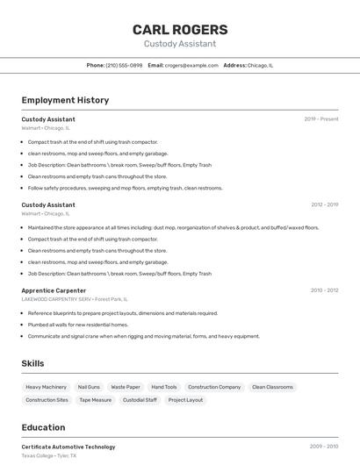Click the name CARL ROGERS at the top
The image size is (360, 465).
[x=180, y=29]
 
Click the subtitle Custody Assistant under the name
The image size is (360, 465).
[x=180, y=44]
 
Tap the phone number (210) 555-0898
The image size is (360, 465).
[x=124, y=65]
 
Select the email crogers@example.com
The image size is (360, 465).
[x=191, y=65]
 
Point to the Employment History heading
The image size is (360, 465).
[x=65, y=100]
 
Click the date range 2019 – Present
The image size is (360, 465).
[x=321, y=118]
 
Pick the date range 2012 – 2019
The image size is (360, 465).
[x=324, y=204]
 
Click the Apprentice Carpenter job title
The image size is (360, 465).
[x=54, y=290]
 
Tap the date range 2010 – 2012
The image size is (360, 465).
[x=324, y=290]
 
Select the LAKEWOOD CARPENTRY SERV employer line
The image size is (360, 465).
[x=75, y=299]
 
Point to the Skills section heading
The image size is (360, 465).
[x=32, y=363]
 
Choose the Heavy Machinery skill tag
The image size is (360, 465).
[x=46, y=387]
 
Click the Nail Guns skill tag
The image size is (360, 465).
[x=89, y=387]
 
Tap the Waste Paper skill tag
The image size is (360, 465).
[x=126, y=387]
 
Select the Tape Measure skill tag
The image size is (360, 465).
[x=96, y=400]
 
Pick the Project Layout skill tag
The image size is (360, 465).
[x=185, y=400]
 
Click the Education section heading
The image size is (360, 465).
[x=43, y=427]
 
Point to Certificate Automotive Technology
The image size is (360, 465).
[x=68, y=447]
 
